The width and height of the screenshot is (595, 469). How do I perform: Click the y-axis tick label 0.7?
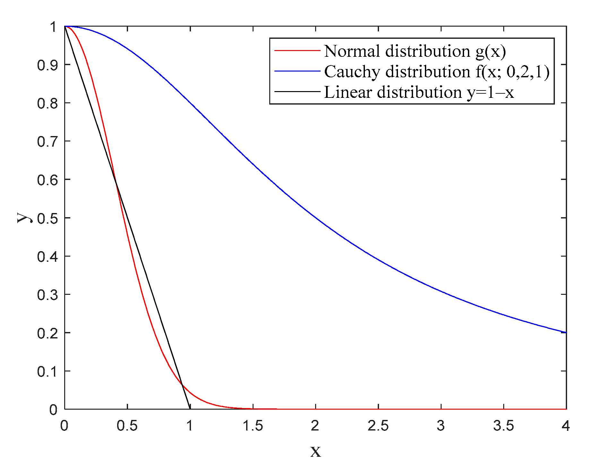click(47, 141)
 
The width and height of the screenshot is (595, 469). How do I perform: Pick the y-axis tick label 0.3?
click(47, 295)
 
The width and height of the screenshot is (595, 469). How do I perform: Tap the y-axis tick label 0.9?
click(47, 65)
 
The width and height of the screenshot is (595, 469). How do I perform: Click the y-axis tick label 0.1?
click(47, 371)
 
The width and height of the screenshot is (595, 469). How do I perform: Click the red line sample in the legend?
click(297, 51)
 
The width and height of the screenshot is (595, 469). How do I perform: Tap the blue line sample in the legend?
click(297, 71)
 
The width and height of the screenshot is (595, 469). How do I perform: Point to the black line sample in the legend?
click(297, 92)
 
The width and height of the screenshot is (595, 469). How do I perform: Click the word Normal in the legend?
click(352, 51)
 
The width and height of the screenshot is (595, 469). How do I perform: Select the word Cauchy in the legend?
click(352, 72)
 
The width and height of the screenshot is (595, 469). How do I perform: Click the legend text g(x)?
click(491, 51)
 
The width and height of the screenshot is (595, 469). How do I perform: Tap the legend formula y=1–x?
click(490, 92)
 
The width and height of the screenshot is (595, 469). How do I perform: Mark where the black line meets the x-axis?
click(190, 409)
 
